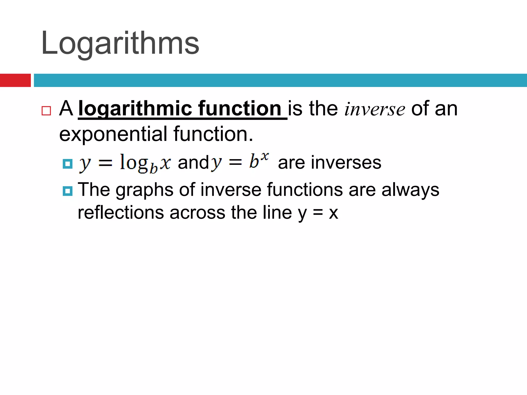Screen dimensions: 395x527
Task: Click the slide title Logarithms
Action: pyautogui.click(x=120, y=43)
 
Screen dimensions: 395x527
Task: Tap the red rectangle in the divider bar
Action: pyautogui.click(x=15, y=80)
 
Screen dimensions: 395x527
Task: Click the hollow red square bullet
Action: pyautogui.click(x=46, y=111)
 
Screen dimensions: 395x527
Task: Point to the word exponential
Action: pyautogui.click(x=113, y=134)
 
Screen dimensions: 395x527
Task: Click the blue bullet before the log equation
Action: pyautogui.click(x=68, y=164)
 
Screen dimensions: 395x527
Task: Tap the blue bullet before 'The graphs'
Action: pyautogui.click(x=68, y=191)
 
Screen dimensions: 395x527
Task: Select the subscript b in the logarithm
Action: pyautogui.click(x=154, y=169)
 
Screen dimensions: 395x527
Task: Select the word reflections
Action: pyautogui.click(x=121, y=213)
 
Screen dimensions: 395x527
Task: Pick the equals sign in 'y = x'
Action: pyautogui.click(x=318, y=213)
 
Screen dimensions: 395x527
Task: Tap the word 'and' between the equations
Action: pyautogui.click(x=193, y=163)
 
